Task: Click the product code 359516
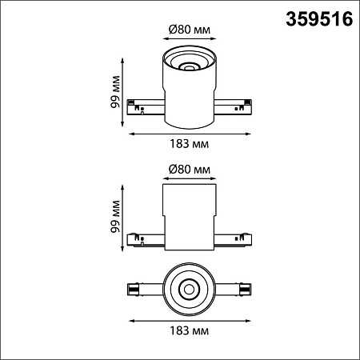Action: coord(319,19)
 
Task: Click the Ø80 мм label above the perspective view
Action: coord(190,30)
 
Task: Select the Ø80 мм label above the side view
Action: coord(190,169)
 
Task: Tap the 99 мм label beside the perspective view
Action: coord(115,92)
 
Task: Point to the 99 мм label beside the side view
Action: coord(115,217)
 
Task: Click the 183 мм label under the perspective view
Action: coord(190,144)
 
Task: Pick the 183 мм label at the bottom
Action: coord(190,330)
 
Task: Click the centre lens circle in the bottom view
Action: coord(189,290)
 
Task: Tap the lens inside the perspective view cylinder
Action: coord(189,67)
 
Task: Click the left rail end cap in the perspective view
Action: coord(130,102)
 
